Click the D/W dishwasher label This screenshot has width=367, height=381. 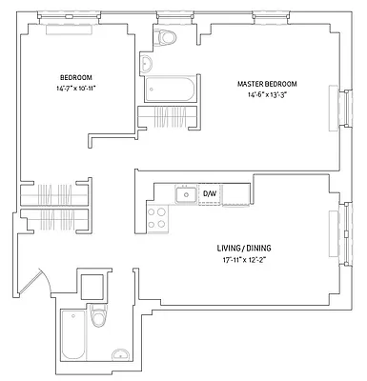pos(211,194)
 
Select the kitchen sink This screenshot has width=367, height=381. pos(184,195)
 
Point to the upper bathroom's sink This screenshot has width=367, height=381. pos(147,64)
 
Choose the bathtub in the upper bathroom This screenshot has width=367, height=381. pos(170,90)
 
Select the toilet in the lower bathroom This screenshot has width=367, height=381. pos(99,318)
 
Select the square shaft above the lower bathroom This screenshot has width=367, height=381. pos(93,286)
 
